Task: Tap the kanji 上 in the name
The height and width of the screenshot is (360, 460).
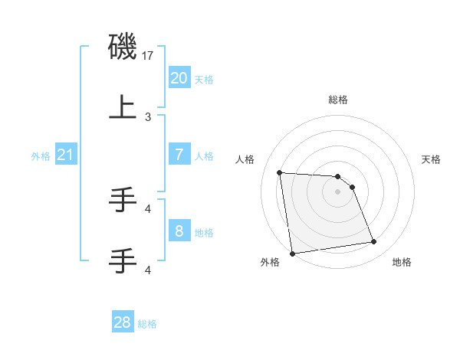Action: pos(123,107)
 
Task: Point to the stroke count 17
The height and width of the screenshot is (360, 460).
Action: pos(149,56)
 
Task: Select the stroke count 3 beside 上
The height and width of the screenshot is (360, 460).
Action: pos(148,117)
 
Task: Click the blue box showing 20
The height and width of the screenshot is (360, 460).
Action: pos(179,77)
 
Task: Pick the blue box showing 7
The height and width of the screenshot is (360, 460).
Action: pos(179,155)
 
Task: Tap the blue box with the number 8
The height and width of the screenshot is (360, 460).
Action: pos(179,231)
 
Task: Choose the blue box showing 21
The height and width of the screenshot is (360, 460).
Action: pos(65,155)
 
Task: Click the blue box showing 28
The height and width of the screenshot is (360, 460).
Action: pos(123,322)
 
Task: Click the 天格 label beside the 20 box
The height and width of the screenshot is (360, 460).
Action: pos(204,79)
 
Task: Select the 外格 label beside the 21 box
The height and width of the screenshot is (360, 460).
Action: pos(41,156)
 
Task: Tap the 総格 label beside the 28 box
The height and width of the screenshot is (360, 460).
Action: pos(147,324)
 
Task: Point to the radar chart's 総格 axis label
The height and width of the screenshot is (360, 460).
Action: pos(338,100)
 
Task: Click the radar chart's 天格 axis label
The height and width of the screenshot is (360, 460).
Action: pos(431,159)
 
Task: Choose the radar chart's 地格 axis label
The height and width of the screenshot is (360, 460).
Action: pos(402,262)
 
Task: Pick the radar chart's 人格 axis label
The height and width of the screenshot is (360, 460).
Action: pos(245,159)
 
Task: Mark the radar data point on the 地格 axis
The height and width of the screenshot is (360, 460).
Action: pos(373,242)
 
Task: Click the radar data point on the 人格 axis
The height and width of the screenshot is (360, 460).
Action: pos(280,172)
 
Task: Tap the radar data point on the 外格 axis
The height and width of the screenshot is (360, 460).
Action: pos(291,253)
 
